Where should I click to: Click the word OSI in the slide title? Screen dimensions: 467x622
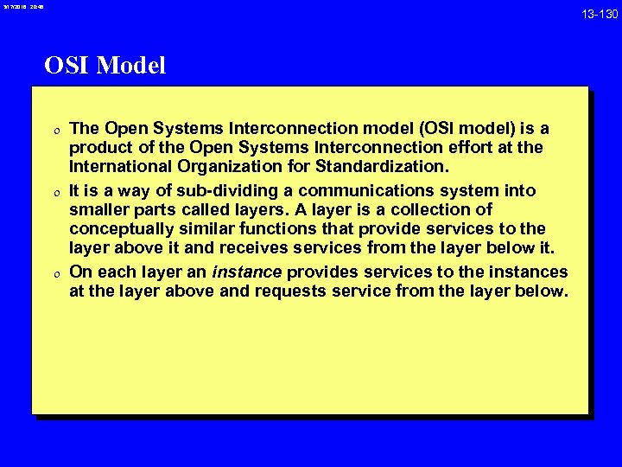coord(67,66)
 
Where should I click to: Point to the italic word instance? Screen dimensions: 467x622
coord(247,272)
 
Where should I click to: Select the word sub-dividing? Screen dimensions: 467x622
coord(210,190)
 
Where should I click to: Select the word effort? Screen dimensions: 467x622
coord(470,148)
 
